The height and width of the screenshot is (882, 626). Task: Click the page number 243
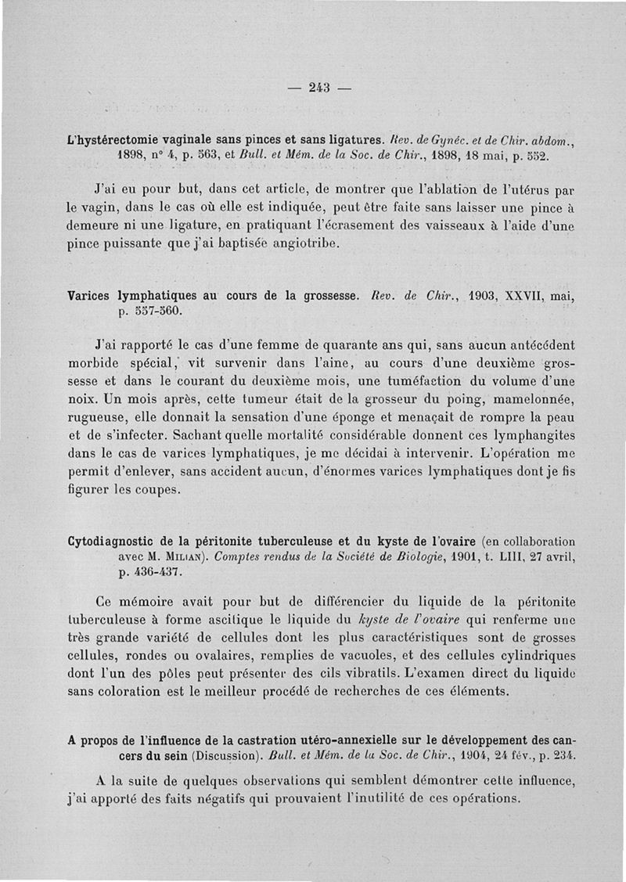tap(320, 87)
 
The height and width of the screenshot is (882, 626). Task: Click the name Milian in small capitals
tap(179, 556)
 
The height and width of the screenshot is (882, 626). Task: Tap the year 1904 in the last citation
tap(464, 757)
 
